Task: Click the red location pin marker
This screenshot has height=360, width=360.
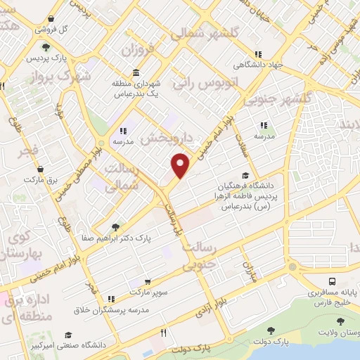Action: click(x=181, y=165)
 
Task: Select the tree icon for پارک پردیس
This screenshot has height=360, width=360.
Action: click(x=46, y=48)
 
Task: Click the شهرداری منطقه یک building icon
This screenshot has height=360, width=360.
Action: click(x=135, y=73)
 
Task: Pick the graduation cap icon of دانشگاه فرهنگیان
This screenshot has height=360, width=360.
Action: click(x=245, y=176)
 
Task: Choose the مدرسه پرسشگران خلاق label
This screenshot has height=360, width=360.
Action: click(x=111, y=309)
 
